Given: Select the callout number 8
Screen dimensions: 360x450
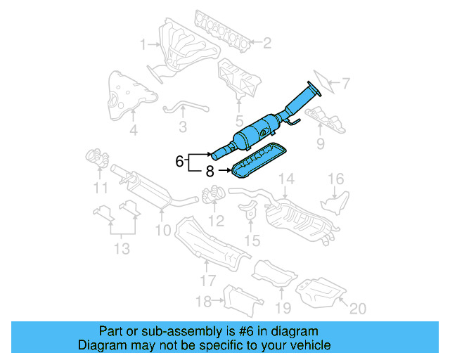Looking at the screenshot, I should point(210,170).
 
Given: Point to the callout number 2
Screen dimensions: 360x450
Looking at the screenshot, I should point(267,44).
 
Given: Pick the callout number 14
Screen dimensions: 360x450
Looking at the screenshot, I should point(284,181).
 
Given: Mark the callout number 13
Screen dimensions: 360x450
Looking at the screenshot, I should point(122,247).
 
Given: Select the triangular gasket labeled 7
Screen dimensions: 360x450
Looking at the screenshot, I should point(317,83).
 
